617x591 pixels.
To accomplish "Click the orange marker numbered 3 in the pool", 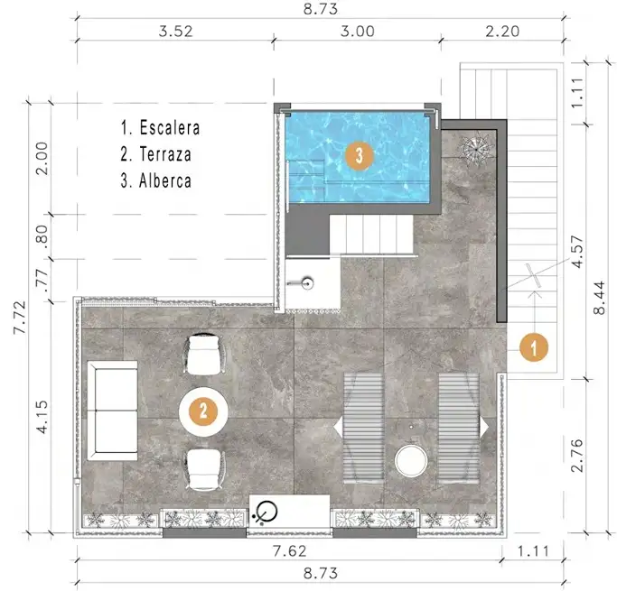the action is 359,155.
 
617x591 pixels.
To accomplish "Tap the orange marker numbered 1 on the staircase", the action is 534,347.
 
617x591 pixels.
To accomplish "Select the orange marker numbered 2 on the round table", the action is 203,411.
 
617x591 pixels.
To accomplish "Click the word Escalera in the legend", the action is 170,128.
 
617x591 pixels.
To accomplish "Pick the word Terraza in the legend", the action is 165,154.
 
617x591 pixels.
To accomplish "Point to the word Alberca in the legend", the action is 165,180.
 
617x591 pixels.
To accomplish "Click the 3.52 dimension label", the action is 175,32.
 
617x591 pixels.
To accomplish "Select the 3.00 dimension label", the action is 358,32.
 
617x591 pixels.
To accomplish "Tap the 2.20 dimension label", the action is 502,32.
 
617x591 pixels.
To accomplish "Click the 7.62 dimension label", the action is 290,551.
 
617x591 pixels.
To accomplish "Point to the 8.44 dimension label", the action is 599,298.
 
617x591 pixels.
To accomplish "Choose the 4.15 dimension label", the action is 42,417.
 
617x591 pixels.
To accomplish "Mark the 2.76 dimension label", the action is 577,455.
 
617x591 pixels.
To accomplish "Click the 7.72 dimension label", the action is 20,318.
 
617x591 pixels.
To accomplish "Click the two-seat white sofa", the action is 112,411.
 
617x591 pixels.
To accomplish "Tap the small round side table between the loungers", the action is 411,461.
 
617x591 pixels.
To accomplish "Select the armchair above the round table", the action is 204,354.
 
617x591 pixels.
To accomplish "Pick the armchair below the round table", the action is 204,470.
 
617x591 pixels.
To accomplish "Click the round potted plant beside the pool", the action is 476,149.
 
